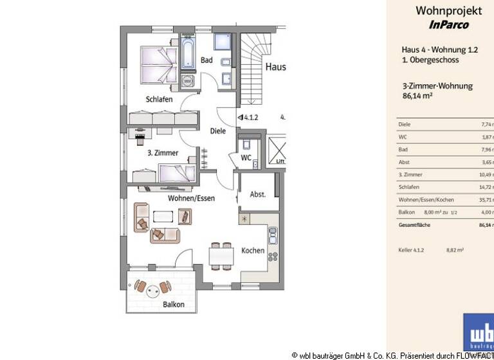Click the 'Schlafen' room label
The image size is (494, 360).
click(159, 100)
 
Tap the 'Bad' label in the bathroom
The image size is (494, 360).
click(206, 60)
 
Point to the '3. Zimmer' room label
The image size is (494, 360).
click(162, 153)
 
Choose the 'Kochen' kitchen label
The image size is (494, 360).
click(253, 251)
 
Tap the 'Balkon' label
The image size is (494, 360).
click(174, 305)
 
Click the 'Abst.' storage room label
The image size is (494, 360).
click(257, 195)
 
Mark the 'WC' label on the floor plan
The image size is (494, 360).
click(246, 157)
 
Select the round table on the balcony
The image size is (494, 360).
click(153, 290)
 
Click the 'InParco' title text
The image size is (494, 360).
click(448, 25)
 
